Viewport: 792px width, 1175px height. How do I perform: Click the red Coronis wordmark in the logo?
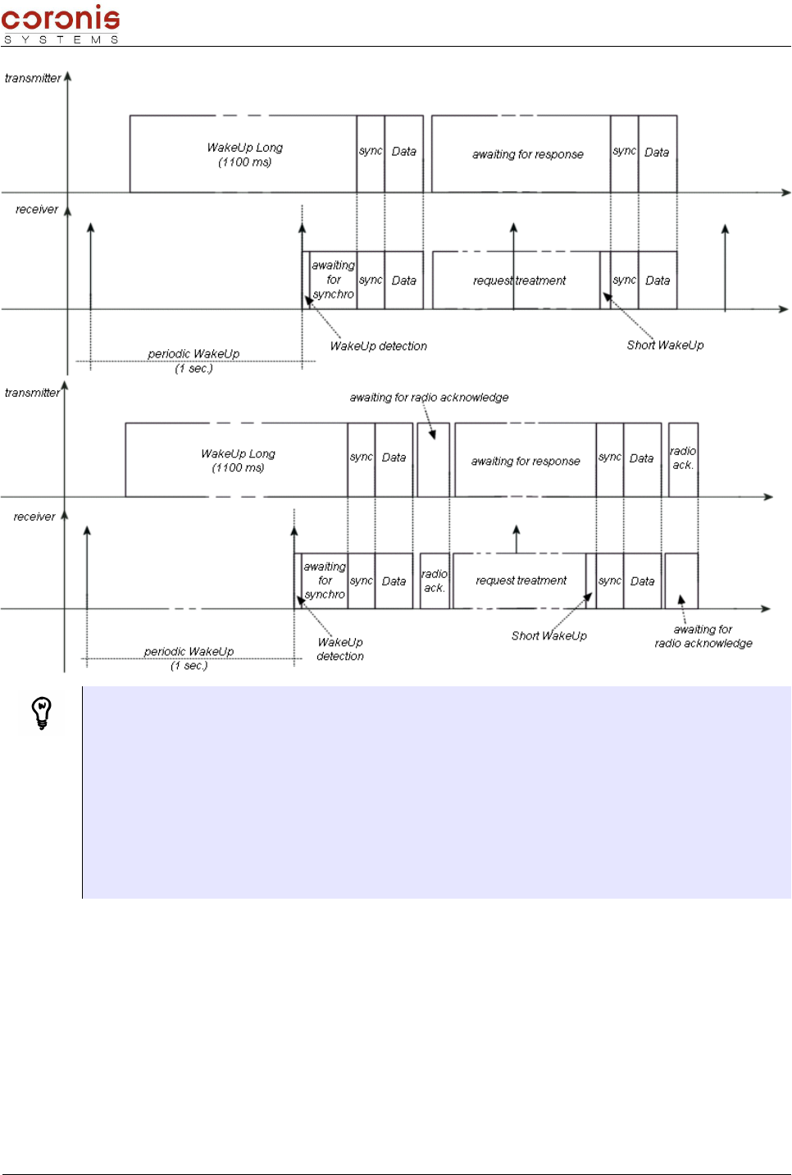(x=61, y=18)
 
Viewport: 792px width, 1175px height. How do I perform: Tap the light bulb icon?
(x=41, y=712)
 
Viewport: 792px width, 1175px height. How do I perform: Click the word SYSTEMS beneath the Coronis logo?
(x=61, y=39)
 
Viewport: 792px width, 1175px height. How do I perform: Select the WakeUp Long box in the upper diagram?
(x=244, y=154)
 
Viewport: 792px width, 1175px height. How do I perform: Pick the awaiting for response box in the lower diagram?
(x=525, y=461)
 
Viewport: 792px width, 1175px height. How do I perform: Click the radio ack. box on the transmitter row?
(x=683, y=459)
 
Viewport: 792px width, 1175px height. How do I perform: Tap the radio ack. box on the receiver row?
(x=434, y=581)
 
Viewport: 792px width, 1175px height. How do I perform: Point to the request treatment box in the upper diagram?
(x=518, y=280)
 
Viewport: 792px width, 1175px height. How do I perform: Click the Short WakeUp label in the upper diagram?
(x=665, y=345)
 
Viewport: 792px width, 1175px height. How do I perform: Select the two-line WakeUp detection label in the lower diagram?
(x=340, y=649)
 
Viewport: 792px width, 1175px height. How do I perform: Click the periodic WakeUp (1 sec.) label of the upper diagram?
(x=193, y=361)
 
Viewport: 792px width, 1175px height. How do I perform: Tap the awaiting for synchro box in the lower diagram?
(x=325, y=581)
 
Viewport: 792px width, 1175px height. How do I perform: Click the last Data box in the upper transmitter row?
(x=657, y=153)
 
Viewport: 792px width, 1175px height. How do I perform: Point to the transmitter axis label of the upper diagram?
(x=32, y=78)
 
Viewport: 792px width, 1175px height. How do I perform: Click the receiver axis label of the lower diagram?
(x=34, y=517)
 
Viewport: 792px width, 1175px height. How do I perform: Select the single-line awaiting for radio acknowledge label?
(x=429, y=398)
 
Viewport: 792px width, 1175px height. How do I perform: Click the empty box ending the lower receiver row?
(x=680, y=581)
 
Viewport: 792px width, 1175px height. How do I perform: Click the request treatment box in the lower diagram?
(x=520, y=581)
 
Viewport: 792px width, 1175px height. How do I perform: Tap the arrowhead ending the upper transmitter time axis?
(x=786, y=193)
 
